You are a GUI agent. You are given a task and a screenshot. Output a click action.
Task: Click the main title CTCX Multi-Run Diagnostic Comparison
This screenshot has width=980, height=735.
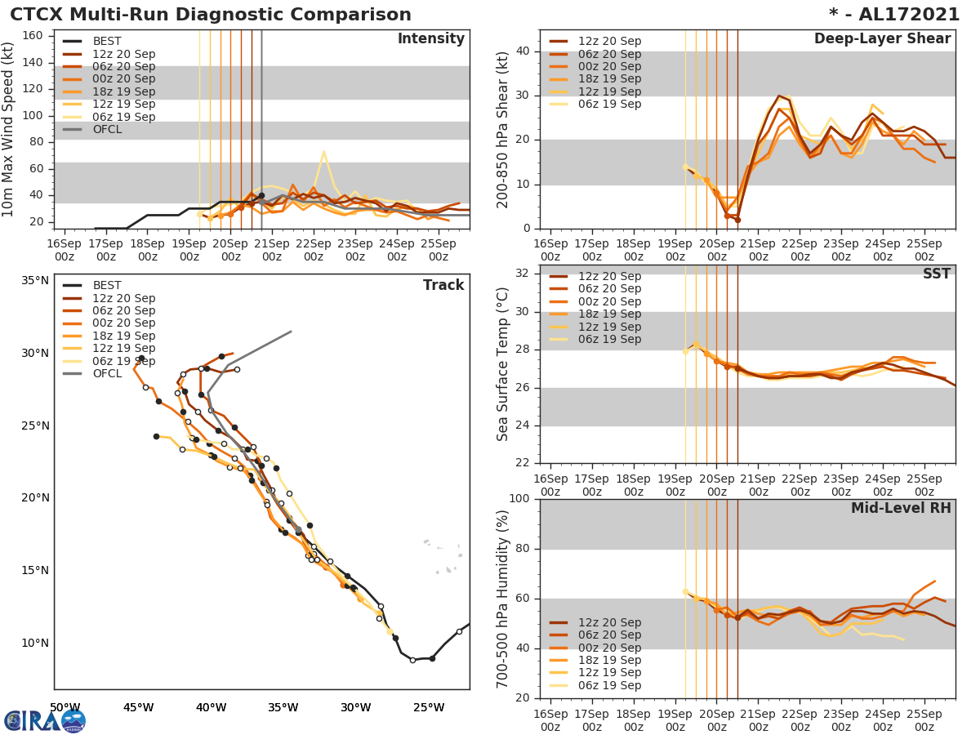point(211,15)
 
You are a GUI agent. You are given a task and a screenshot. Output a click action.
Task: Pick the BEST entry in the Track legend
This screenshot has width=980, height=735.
point(107,286)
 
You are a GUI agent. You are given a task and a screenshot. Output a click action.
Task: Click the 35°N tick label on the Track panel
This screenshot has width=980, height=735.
point(34,281)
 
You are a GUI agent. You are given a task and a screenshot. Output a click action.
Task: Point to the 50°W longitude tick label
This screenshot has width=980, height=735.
point(65,707)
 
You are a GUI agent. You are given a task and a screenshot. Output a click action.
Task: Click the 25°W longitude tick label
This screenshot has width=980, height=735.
point(427,707)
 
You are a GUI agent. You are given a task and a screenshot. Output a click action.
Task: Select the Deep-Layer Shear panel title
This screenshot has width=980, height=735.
point(882,39)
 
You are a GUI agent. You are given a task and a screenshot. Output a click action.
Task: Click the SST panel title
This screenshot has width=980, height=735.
point(936,274)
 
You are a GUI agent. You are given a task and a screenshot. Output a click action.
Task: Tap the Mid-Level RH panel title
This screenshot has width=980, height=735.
point(901,509)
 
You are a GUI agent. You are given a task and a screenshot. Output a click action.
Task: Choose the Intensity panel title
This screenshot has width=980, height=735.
point(430,39)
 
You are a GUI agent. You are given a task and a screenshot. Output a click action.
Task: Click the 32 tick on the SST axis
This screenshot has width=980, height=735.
point(523,274)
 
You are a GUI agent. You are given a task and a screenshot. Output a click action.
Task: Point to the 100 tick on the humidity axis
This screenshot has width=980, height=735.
point(519,499)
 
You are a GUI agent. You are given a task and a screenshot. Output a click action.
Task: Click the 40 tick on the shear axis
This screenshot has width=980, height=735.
point(523,51)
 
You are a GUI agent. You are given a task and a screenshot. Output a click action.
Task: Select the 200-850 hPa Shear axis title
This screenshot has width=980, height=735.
point(503,129)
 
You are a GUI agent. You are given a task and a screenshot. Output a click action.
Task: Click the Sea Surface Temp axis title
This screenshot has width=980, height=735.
point(503,363)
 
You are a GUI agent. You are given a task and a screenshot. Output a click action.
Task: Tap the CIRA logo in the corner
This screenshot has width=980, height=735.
point(45,721)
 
